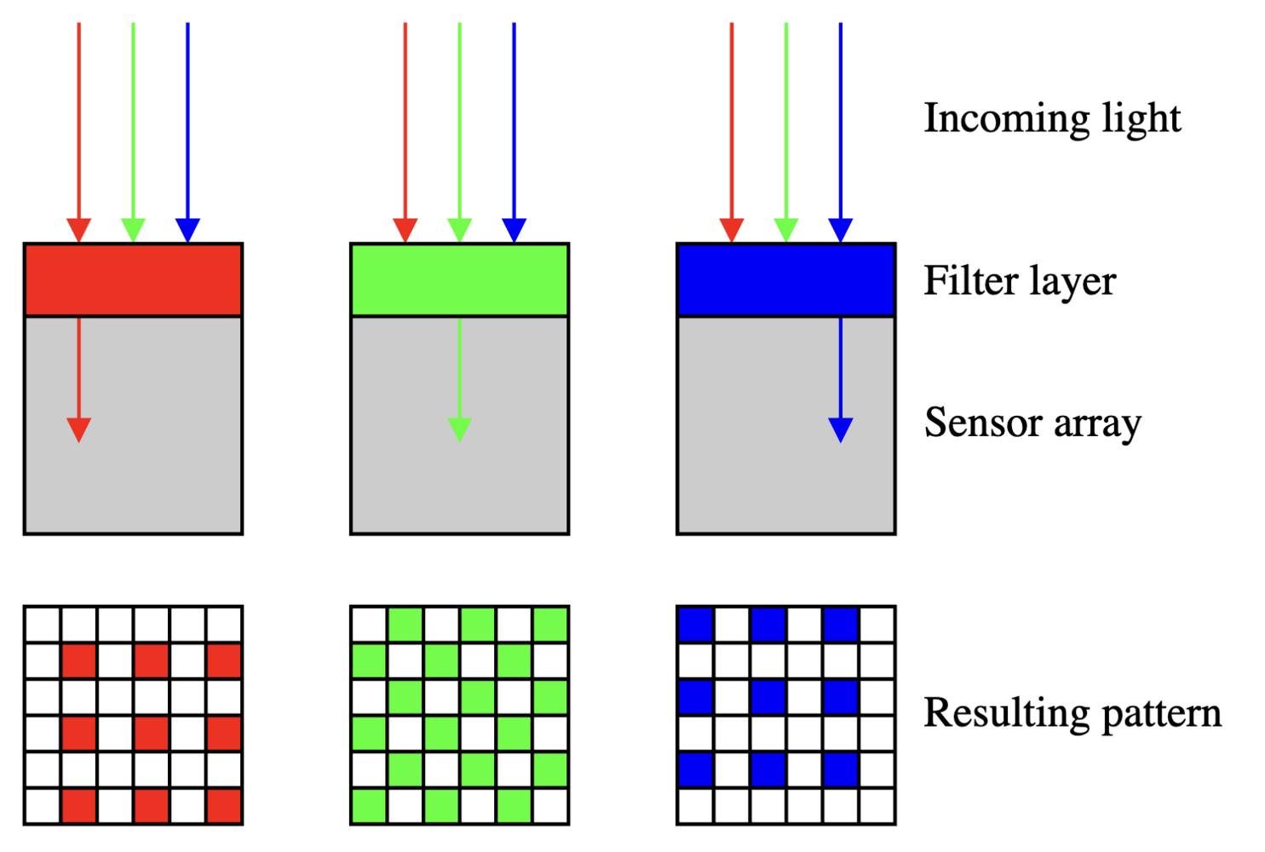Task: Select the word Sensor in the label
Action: click(x=983, y=423)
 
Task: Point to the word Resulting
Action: click(x=1007, y=714)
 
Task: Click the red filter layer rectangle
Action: click(x=133, y=279)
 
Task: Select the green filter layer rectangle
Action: click(x=460, y=279)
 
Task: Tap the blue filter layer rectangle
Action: click(x=786, y=279)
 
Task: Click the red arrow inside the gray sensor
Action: click(x=79, y=380)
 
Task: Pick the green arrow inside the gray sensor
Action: click(x=460, y=380)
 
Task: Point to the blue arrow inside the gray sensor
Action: click(x=840, y=380)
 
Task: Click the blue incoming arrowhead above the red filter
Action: click(x=188, y=230)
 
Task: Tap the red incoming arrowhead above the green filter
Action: click(x=405, y=230)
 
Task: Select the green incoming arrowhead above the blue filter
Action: click(x=786, y=230)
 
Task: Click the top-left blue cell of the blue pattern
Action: click(x=696, y=625)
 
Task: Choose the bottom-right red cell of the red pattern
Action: click(x=224, y=806)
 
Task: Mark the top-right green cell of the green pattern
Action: click(x=550, y=625)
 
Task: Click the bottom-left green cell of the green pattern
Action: click(x=369, y=806)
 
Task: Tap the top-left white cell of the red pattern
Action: click(x=43, y=625)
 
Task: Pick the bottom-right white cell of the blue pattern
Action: click(x=877, y=806)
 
